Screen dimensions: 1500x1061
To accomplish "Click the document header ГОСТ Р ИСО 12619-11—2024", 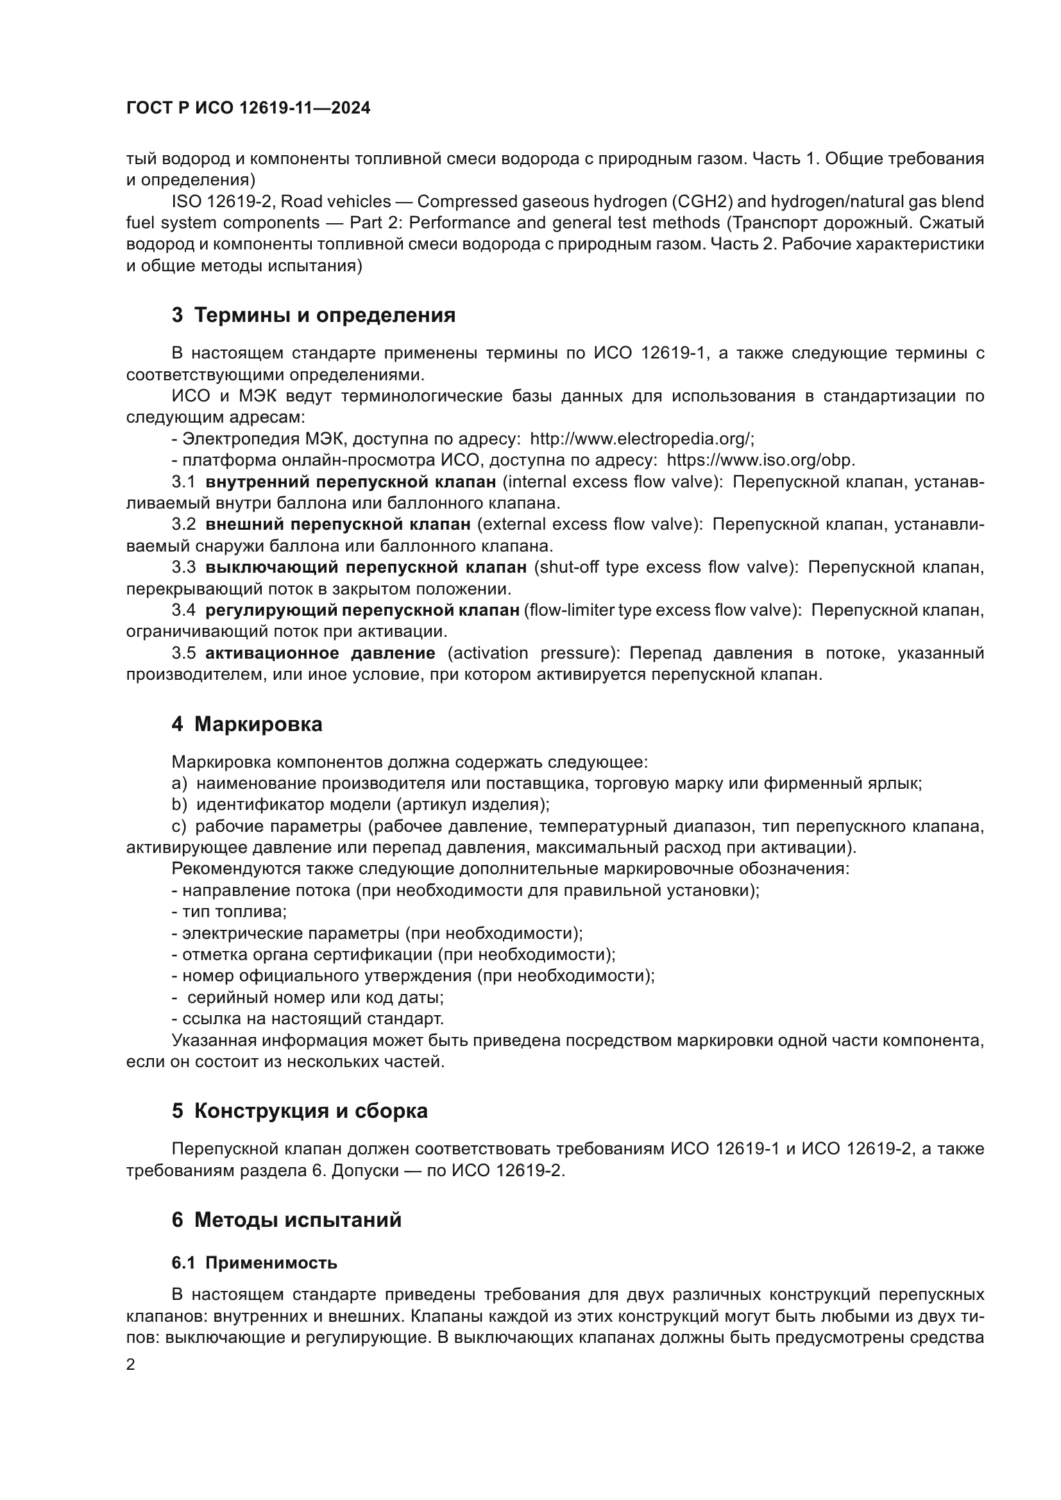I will coord(248,108).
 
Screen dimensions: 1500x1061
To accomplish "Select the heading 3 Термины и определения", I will coord(314,316).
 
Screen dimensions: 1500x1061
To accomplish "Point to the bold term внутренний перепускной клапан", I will coord(351,482).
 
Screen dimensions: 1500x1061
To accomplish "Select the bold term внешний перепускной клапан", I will coord(338,525).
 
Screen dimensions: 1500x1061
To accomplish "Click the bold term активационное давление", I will coord(320,653).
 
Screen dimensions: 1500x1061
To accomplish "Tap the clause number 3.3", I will coord(183,567).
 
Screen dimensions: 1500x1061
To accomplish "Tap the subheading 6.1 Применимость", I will coord(254,1263).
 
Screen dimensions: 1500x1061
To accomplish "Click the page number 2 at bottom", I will coord(131,1365).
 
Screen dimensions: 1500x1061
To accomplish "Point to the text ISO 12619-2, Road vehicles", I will coord(281,202).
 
